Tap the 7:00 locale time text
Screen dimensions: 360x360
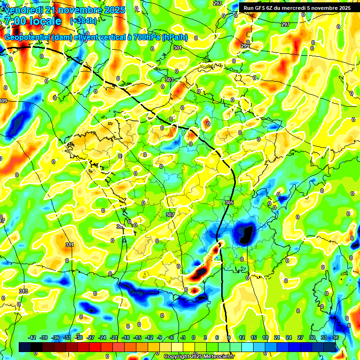tap(33, 21)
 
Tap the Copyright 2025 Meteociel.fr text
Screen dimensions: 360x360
tap(199, 356)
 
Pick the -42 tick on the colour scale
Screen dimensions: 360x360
tap(32, 337)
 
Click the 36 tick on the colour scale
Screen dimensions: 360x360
tap(336, 337)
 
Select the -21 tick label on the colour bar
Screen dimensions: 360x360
tap(114, 337)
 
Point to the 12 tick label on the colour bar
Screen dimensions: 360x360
tap(242, 337)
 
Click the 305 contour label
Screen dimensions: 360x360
tap(229, 202)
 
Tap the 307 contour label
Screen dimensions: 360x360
tap(170, 214)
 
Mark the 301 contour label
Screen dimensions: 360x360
tap(177, 48)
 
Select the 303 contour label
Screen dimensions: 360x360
tap(169, 80)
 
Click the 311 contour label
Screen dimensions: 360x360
tap(69, 245)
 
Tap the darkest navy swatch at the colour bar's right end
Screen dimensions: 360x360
tap(330, 347)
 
